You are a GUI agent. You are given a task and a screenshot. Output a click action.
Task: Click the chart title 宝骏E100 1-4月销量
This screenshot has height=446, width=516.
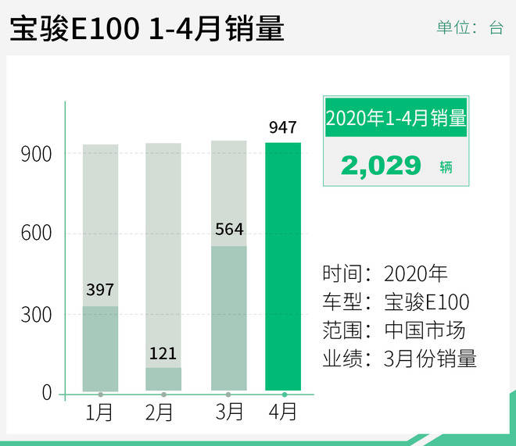click(x=146, y=30)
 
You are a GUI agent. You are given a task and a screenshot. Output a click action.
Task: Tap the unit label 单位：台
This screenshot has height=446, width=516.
click(x=469, y=28)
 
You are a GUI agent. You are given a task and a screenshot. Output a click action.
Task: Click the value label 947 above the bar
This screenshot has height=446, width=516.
click(x=282, y=127)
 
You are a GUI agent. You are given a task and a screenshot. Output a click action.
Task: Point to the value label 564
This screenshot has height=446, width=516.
click(x=229, y=230)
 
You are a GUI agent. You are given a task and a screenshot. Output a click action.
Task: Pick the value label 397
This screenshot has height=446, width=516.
click(x=100, y=291)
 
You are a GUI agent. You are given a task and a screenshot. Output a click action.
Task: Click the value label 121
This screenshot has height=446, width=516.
click(x=163, y=352)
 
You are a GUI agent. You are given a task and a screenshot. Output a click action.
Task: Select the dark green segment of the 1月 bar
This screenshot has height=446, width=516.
click(x=100, y=348)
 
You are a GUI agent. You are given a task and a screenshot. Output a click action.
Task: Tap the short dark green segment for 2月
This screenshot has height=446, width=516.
click(x=163, y=379)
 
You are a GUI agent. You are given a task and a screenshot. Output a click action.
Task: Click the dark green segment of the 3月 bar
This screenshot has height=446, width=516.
click(x=229, y=318)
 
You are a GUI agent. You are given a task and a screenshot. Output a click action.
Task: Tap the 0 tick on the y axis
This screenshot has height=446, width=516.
click(x=47, y=393)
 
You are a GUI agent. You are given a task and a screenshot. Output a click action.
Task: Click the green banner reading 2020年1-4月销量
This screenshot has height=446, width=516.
click(x=396, y=119)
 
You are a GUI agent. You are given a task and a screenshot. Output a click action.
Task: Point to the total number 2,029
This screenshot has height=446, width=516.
click(x=381, y=166)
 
